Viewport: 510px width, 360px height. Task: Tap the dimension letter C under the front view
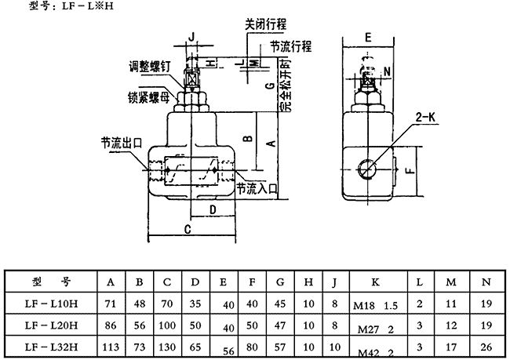(x=188, y=228)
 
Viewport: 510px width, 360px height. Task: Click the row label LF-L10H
(x=53, y=302)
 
